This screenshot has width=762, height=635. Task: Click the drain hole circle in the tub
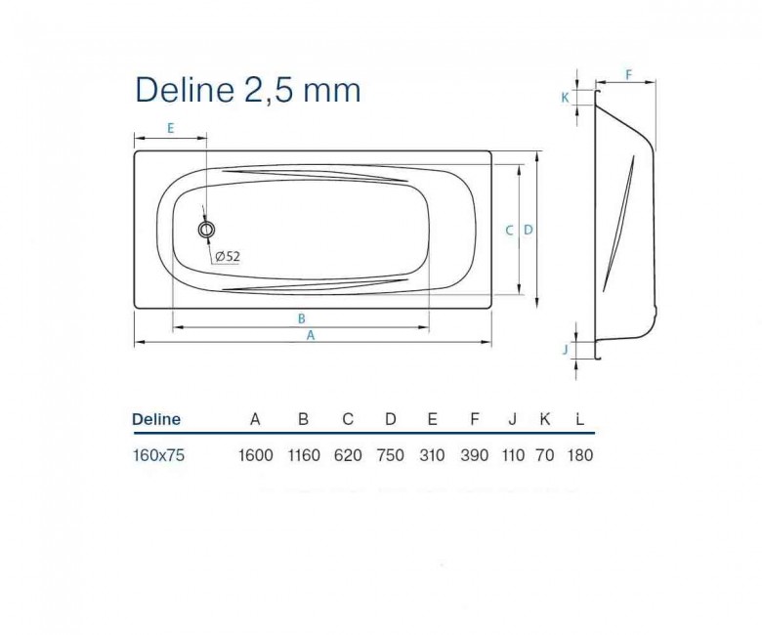(206, 230)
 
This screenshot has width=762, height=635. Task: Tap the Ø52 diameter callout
(228, 256)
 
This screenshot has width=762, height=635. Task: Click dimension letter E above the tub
(171, 128)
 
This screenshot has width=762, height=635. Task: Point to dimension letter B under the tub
(301, 318)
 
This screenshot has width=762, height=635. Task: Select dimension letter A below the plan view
(311, 335)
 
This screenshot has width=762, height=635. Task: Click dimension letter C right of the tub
(509, 231)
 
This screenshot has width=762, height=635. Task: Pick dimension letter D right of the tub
(529, 230)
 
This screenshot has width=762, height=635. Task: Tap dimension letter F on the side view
(628, 75)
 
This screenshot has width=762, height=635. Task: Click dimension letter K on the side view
(566, 98)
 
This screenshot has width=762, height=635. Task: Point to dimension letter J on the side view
(566, 349)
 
